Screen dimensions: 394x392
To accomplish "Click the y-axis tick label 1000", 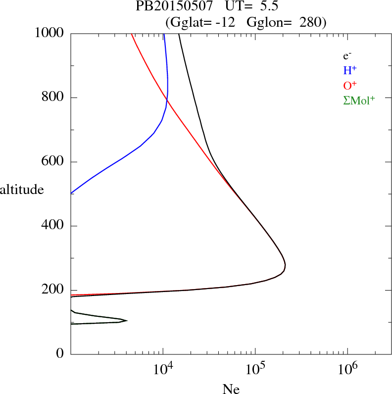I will [49, 33].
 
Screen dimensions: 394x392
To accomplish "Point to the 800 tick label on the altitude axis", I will [53, 98].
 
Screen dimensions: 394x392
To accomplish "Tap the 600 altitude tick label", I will [53, 162].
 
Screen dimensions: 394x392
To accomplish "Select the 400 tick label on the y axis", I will [53, 226].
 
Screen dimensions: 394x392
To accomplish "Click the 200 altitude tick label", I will [53, 291].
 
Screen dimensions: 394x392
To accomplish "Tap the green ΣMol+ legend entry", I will [359, 100].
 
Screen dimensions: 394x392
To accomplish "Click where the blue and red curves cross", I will [167, 100].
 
